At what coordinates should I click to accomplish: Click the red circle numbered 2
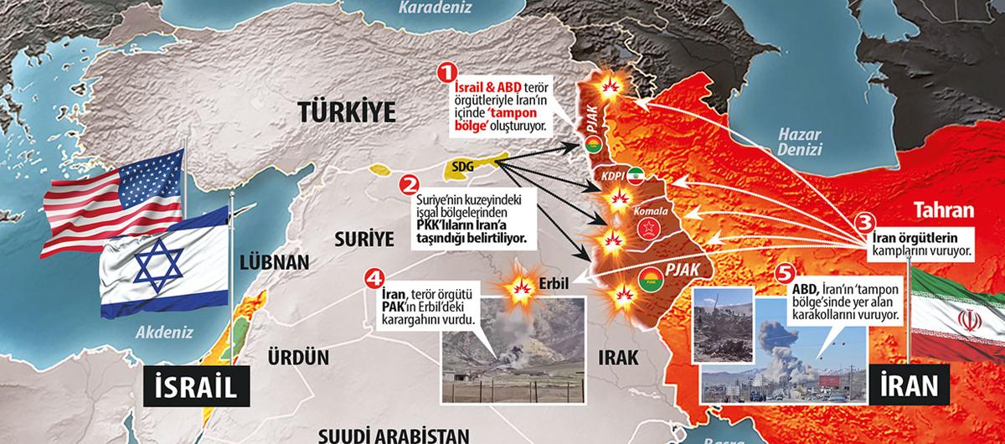410,183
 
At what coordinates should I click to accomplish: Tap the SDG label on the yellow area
462,167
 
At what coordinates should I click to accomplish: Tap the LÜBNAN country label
266,261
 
